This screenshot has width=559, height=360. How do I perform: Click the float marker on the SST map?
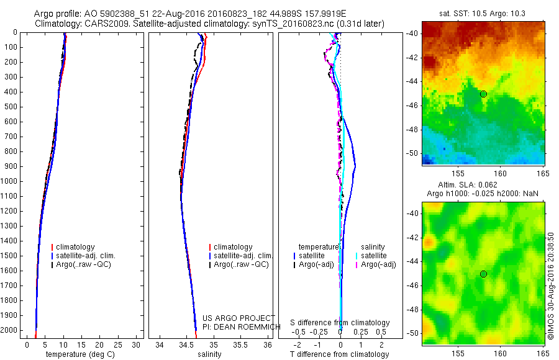(x=483, y=94)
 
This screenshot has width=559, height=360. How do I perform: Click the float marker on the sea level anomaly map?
(x=483, y=274)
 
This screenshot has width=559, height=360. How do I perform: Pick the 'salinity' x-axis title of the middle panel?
(x=208, y=354)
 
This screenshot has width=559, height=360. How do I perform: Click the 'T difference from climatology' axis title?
(x=339, y=354)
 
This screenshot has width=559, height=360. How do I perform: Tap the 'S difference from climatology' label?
(x=340, y=323)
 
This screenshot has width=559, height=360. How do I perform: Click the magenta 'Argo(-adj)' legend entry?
(x=378, y=265)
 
